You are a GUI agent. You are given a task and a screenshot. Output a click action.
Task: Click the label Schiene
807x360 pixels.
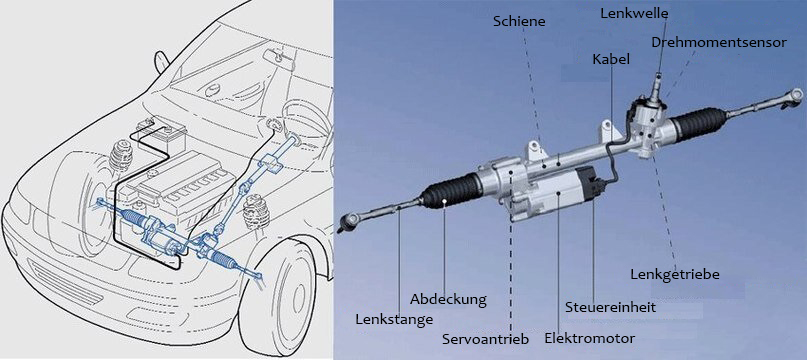pyautogui.click(x=519, y=22)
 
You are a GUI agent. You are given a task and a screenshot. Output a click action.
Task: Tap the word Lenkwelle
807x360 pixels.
pyautogui.click(x=634, y=14)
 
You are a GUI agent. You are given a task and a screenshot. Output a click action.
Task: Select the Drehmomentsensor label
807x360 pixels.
pyautogui.click(x=718, y=42)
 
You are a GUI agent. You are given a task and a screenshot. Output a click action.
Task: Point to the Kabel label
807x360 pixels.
pyautogui.click(x=611, y=59)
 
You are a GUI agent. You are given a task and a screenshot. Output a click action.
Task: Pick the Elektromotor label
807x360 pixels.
pyautogui.click(x=589, y=338)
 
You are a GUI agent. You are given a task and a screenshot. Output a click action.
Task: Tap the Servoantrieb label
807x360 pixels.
pyautogui.click(x=485, y=339)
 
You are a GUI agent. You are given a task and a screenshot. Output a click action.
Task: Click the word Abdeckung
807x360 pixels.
pyautogui.click(x=448, y=299)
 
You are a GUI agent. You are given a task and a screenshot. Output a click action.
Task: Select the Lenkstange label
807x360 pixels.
pyautogui.click(x=394, y=319)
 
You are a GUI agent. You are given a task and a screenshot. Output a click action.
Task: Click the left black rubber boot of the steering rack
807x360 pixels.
pyautogui.click(x=449, y=193)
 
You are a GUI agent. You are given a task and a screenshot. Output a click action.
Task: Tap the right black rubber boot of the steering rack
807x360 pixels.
pyautogui.click(x=699, y=123)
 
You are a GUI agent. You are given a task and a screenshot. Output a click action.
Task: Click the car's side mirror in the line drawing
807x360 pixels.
pyautogui.click(x=162, y=61)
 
